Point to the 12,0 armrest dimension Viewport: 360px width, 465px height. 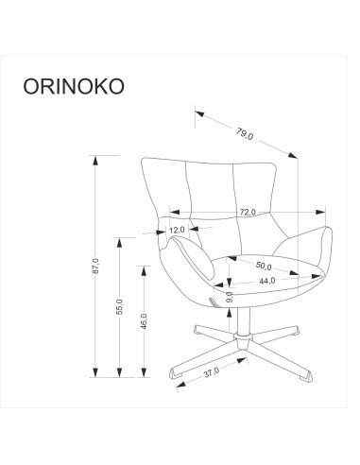point(178,230)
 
